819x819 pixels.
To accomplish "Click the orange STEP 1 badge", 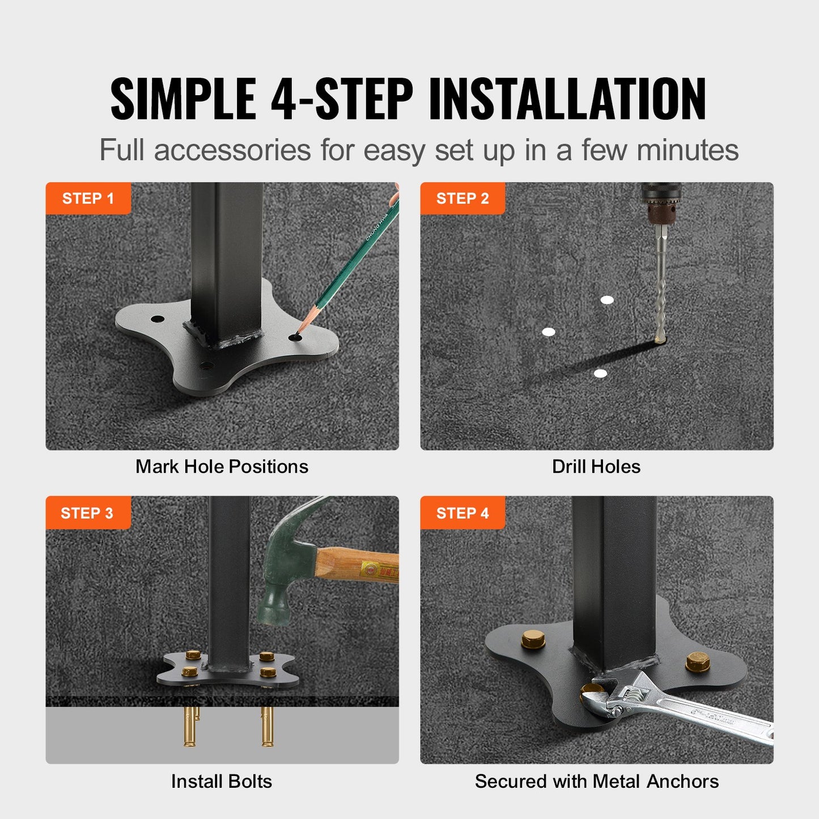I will coord(88,198).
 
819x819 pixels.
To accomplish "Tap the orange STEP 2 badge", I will coord(462,198).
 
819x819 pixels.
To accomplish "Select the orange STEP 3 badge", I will coord(87,513).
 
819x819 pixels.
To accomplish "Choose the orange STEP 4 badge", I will coord(462,513).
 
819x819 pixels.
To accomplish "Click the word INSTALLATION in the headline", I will coord(567,99).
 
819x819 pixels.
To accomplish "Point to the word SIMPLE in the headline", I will coord(183,99).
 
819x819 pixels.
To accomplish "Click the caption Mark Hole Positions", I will coord(222,466).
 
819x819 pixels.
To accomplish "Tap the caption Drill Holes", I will coord(596,466).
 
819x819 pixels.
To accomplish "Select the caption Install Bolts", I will coord(222,781).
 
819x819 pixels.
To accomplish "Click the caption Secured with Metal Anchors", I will coord(596,781).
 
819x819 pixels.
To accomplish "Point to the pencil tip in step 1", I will coord(300,330).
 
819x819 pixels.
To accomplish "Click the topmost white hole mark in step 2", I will coord(607,300).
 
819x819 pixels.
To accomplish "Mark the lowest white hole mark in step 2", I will coord(600,374).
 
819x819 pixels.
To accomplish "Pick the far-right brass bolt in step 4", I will coord(698,661).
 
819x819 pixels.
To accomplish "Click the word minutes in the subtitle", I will coord(688,150).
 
